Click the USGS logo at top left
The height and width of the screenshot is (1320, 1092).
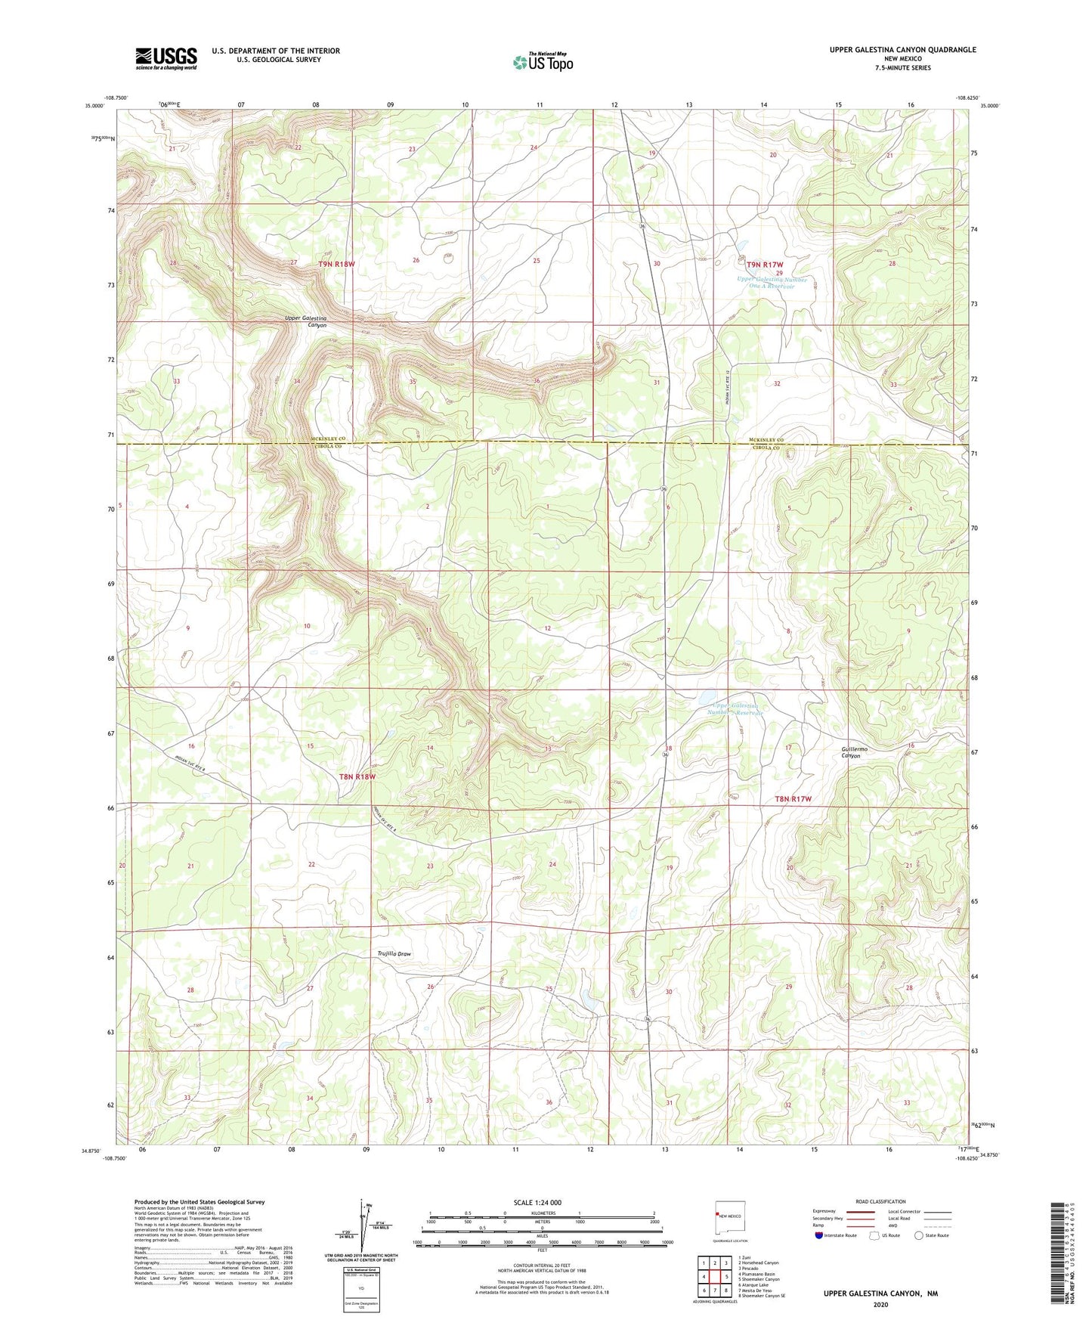[166, 58]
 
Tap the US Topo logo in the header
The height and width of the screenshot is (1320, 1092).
[543, 62]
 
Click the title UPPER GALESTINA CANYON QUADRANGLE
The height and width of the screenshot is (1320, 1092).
[902, 50]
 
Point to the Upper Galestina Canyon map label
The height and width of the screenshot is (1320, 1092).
[306, 321]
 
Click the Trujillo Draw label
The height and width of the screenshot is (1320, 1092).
[394, 954]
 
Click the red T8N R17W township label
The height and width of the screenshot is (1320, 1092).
[793, 799]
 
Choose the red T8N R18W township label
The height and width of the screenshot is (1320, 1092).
[357, 776]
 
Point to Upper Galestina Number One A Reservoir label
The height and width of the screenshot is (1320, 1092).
[772, 283]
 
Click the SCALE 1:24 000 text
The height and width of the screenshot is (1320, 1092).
[537, 1202]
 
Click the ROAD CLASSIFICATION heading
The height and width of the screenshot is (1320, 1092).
[880, 1201]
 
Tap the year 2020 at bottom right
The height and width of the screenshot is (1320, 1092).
[880, 1305]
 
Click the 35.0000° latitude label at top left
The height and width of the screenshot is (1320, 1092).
[95, 107]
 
